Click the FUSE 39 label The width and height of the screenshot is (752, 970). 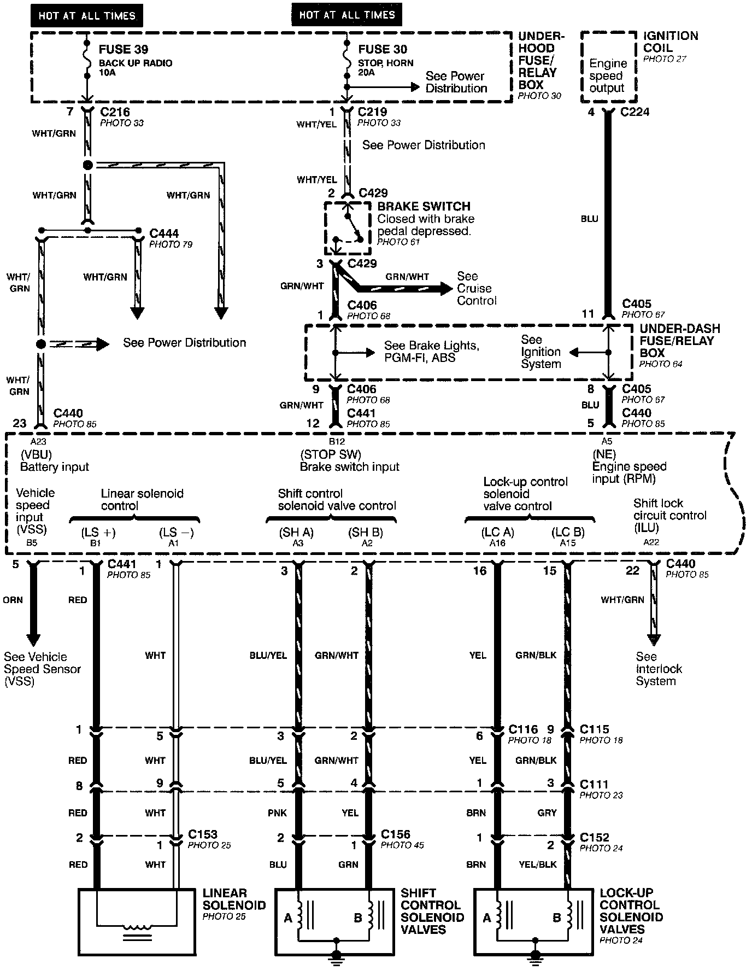click(x=123, y=49)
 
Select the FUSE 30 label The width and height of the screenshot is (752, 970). click(x=383, y=49)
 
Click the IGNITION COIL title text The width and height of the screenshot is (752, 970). click(x=671, y=42)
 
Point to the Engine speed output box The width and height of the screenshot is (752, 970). click(x=608, y=75)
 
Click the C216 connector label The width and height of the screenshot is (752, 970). click(x=115, y=112)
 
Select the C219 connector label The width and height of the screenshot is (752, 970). click(x=372, y=112)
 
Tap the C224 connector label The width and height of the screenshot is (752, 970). click(x=635, y=112)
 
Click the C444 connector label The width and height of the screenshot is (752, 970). click(x=164, y=233)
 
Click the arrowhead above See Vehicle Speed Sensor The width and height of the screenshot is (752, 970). click(x=33, y=639)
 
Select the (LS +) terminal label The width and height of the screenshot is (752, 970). click(x=98, y=532)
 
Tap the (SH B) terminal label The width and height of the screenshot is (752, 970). click(x=366, y=532)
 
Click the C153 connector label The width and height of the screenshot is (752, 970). click(x=203, y=834)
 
